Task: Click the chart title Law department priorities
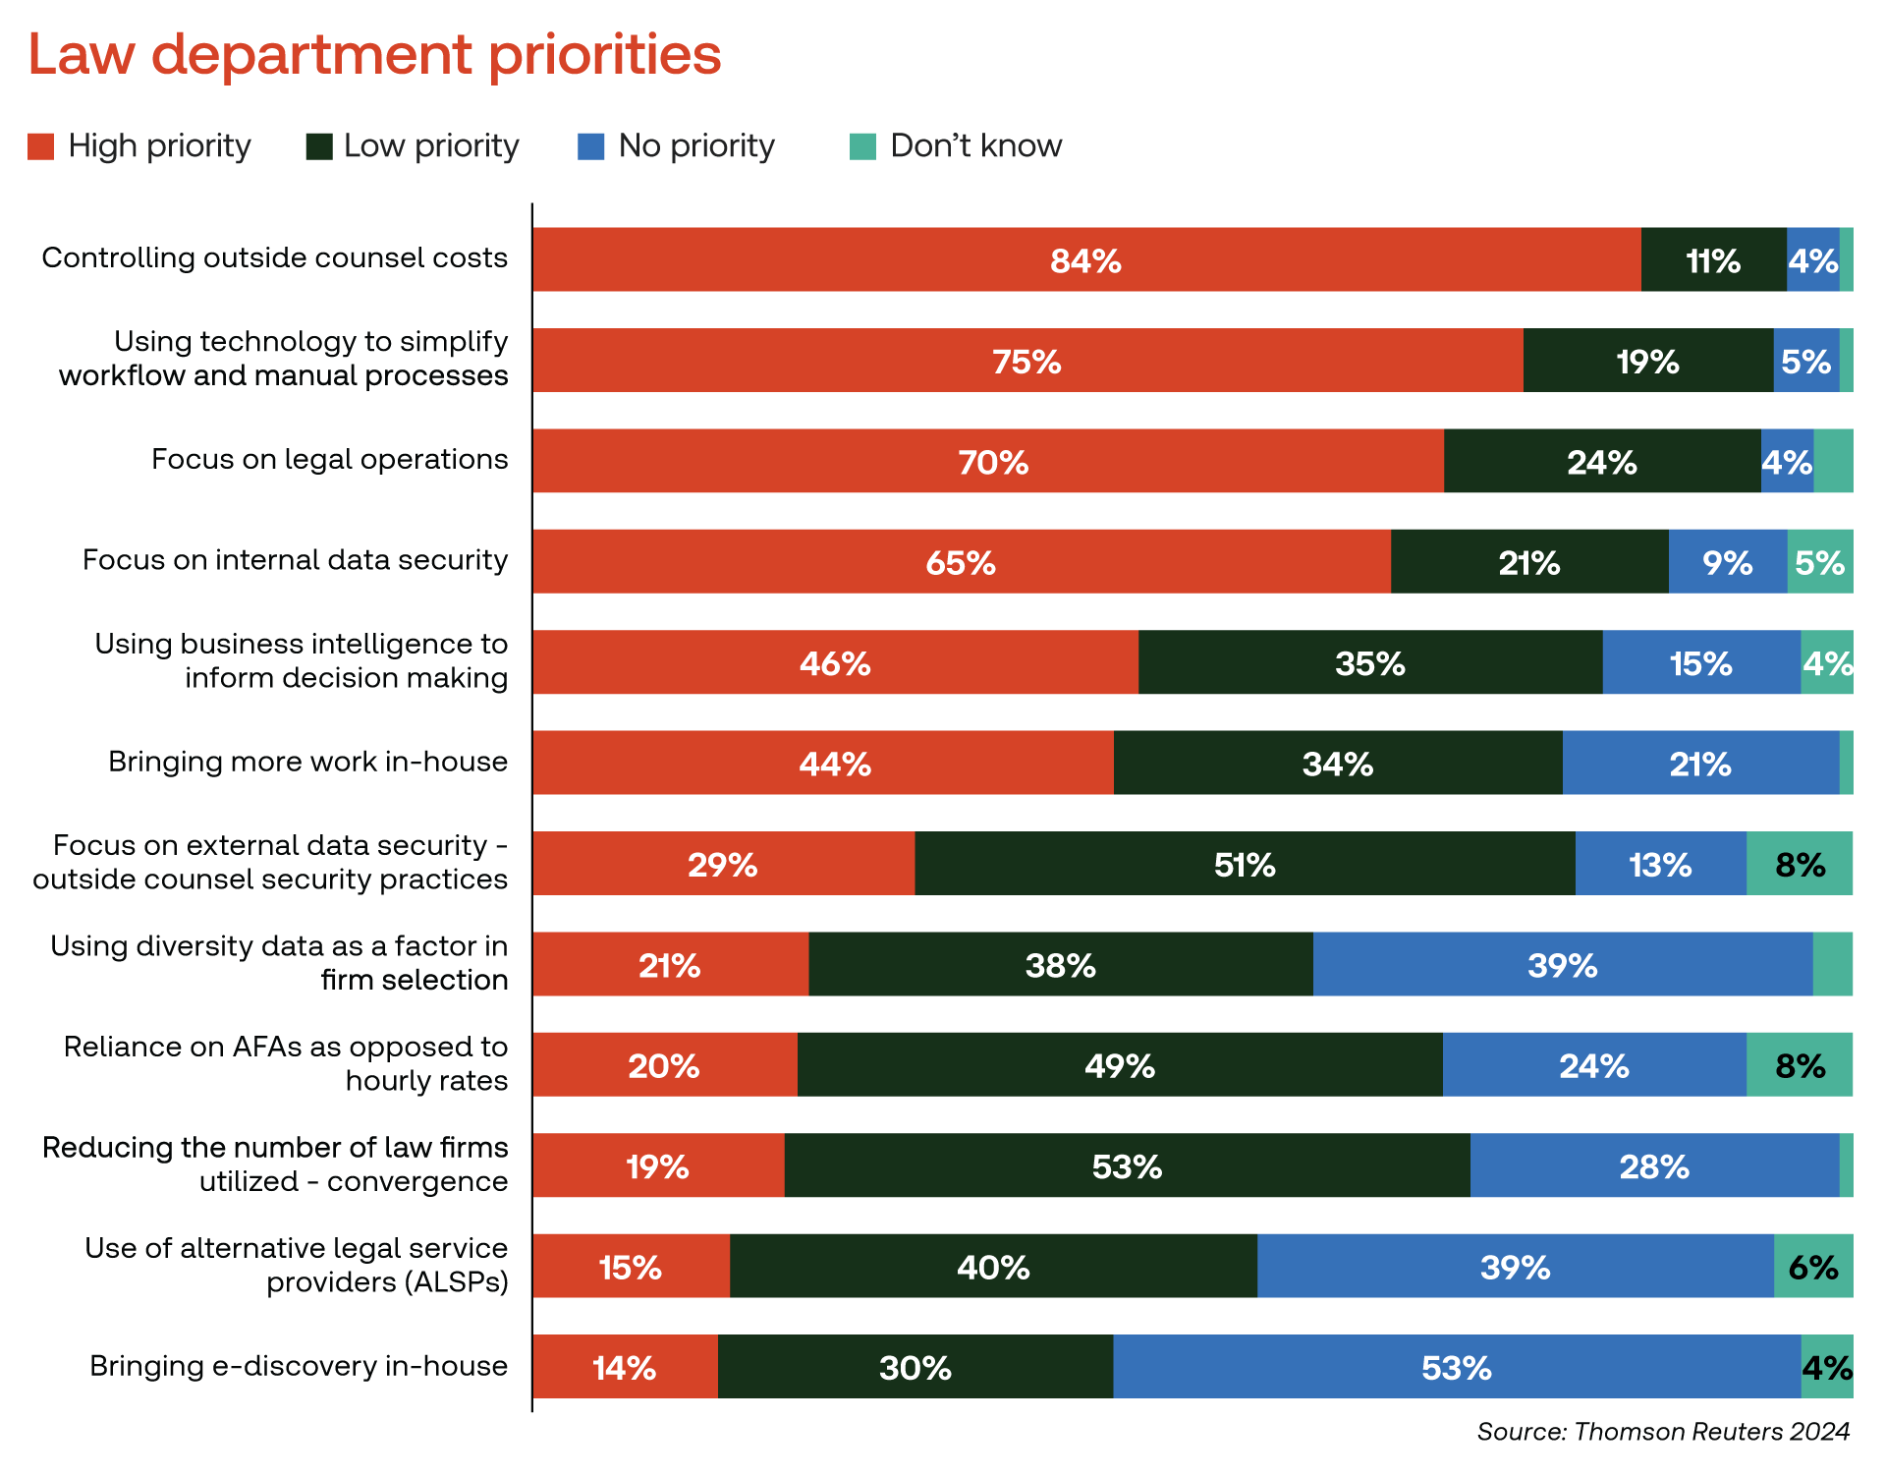(x=374, y=54)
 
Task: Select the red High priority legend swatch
(x=40, y=146)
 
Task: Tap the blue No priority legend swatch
(x=590, y=146)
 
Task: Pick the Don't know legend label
(x=975, y=145)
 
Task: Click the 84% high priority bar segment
(x=1085, y=259)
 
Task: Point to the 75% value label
(x=1026, y=362)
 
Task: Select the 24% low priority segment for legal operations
(x=1601, y=461)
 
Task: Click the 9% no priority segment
(x=1727, y=562)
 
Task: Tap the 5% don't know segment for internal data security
(x=1819, y=562)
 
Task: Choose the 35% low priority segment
(x=1369, y=662)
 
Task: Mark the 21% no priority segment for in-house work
(x=1699, y=763)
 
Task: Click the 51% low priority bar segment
(x=1244, y=864)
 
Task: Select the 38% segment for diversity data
(x=1060, y=964)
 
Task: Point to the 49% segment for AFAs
(x=1119, y=1065)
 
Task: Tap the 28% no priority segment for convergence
(x=1654, y=1165)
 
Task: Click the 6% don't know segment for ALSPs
(x=1812, y=1266)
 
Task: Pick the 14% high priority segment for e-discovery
(x=625, y=1367)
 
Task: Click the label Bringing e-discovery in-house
(x=299, y=1366)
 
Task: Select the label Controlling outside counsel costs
(x=275, y=257)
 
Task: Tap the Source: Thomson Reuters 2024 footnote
(x=1662, y=1431)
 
